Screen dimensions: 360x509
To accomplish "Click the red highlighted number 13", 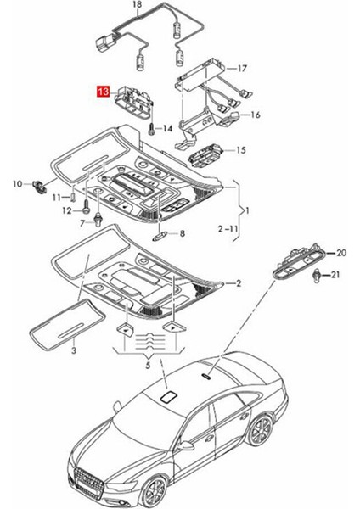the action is (103, 92).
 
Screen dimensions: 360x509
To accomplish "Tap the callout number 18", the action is (138, 4).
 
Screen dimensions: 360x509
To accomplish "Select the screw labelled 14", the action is (152, 130).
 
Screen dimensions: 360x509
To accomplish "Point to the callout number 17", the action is (242, 69).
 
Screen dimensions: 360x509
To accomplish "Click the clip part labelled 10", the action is (39, 186).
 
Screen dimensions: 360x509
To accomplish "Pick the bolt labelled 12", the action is (86, 207).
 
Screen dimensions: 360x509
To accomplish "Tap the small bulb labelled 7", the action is (97, 221).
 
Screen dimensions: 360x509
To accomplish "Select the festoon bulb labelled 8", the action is (160, 235).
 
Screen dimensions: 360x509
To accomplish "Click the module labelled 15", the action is (205, 156).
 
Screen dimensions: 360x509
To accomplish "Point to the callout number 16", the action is (256, 115).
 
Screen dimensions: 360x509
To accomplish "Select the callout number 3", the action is (74, 350).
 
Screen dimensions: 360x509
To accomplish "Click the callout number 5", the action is (148, 366).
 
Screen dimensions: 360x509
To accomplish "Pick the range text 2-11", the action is (228, 229).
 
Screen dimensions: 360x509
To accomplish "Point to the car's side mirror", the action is (183, 445).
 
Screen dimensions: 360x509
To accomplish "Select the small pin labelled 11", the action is (73, 197).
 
